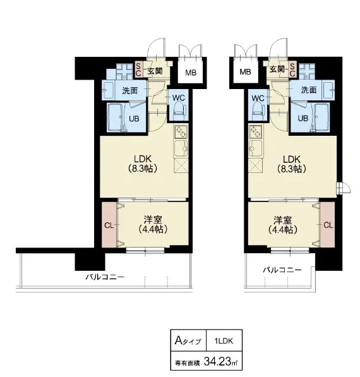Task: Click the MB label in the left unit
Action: [x=191, y=73]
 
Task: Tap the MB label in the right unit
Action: [x=245, y=71]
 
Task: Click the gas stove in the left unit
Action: [x=181, y=132]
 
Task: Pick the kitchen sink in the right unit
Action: [x=256, y=148]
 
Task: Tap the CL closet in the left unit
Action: [x=109, y=225]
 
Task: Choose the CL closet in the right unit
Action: [x=327, y=225]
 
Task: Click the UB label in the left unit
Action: [x=134, y=119]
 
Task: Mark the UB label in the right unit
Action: [x=303, y=118]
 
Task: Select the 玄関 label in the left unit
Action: [x=155, y=71]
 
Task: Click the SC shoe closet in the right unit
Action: [x=292, y=69]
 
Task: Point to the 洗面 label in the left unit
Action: [x=130, y=91]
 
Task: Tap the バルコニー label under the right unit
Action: [x=282, y=270]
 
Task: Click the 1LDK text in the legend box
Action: [x=224, y=341]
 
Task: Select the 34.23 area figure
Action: [x=217, y=361]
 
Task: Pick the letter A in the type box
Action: [x=178, y=340]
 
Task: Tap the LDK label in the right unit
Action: [x=291, y=159]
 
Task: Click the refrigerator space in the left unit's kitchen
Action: [x=181, y=165]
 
